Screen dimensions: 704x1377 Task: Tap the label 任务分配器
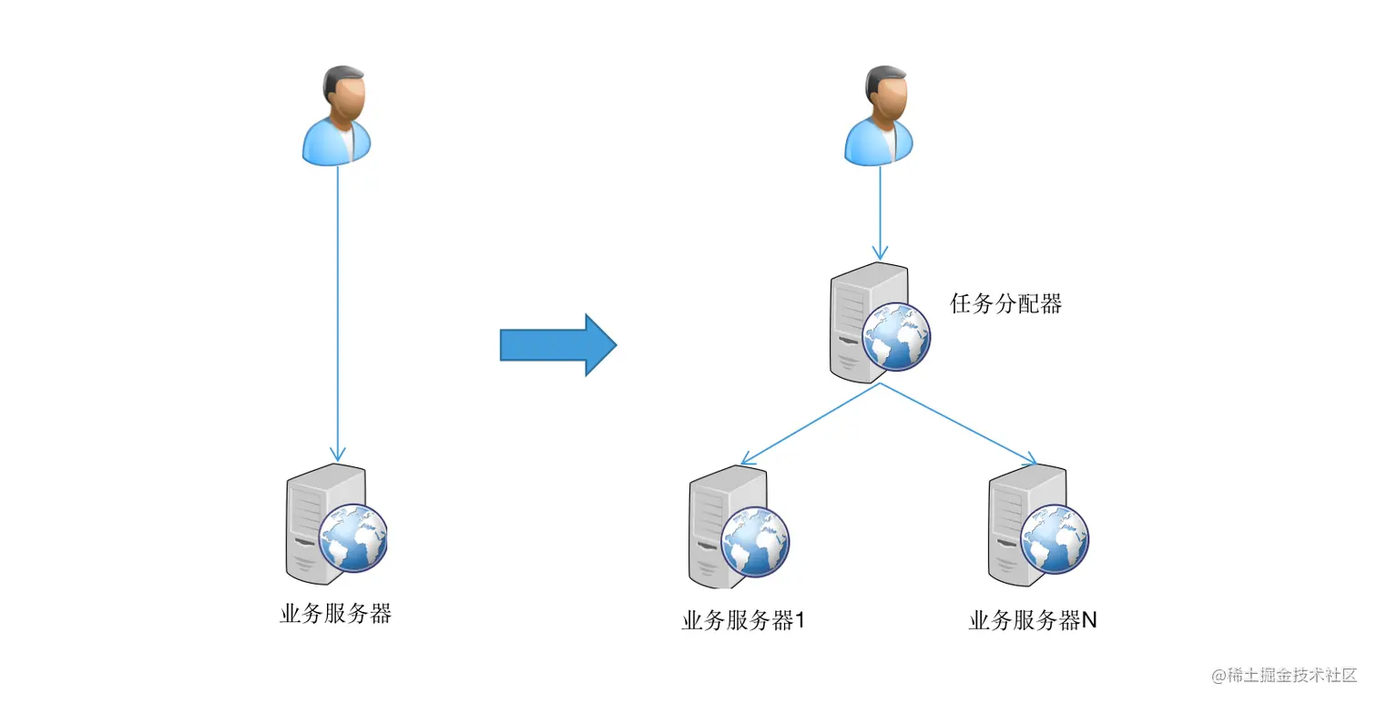point(1005,304)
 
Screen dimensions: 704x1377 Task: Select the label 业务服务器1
point(743,621)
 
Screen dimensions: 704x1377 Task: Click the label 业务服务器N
point(1033,621)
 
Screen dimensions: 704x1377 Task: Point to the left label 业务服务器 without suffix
point(335,613)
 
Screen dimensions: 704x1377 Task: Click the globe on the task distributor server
point(896,338)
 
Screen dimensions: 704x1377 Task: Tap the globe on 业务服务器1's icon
point(755,540)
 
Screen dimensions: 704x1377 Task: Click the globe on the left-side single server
point(353,537)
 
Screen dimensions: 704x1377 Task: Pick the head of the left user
point(344,91)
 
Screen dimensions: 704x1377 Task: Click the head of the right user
point(886,91)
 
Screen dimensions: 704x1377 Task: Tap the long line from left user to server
point(338,310)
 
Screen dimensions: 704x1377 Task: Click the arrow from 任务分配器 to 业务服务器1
point(811,422)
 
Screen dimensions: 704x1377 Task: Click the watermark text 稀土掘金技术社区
point(1290,675)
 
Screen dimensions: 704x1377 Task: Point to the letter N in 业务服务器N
point(1088,621)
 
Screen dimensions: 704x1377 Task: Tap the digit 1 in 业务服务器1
point(800,621)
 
